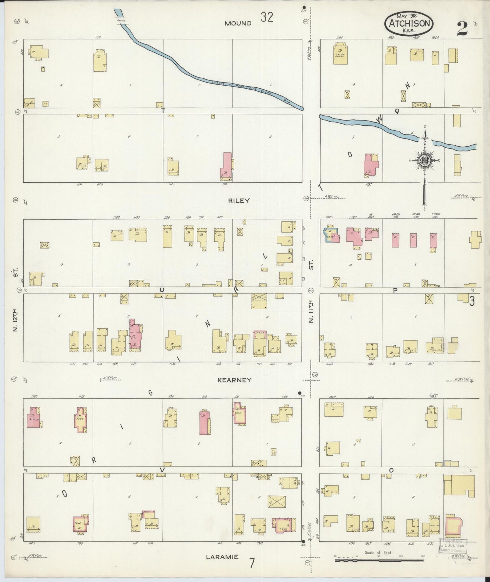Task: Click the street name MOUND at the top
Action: tap(238, 23)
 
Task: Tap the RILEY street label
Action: tap(238, 200)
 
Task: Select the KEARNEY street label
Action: tap(234, 380)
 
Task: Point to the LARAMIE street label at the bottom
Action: tap(222, 557)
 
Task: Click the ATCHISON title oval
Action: tap(410, 23)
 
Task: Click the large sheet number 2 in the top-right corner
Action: tap(462, 29)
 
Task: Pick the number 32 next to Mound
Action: tap(267, 17)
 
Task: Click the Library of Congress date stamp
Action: tap(453, 546)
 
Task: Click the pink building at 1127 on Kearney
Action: tap(136, 334)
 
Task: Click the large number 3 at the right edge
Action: tap(472, 301)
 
